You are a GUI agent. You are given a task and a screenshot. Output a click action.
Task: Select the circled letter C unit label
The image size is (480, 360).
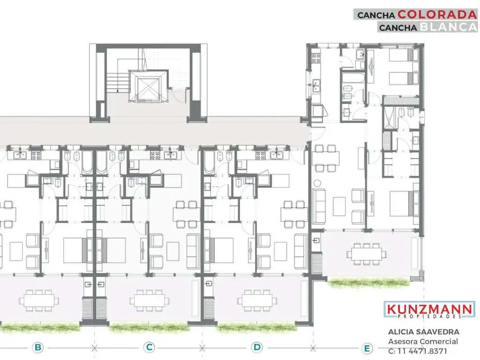pyautogui.click(x=149, y=347)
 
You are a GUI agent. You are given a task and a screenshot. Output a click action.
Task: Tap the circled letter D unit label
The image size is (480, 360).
pyautogui.click(x=257, y=347)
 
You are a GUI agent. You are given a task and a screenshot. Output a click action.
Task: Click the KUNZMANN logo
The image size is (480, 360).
pyautogui.click(x=429, y=309)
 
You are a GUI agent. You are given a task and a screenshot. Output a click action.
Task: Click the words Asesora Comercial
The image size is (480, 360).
pyautogui.click(x=423, y=342)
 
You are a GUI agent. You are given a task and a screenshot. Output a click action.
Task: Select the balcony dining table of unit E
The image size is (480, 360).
pyautogui.click(x=367, y=253)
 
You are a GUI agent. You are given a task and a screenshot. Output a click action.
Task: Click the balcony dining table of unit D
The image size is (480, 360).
pyautogui.click(x=256, y=300)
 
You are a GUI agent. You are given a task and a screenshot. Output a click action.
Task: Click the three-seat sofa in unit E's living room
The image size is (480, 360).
pyautogui.click(x=320, y=206)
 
